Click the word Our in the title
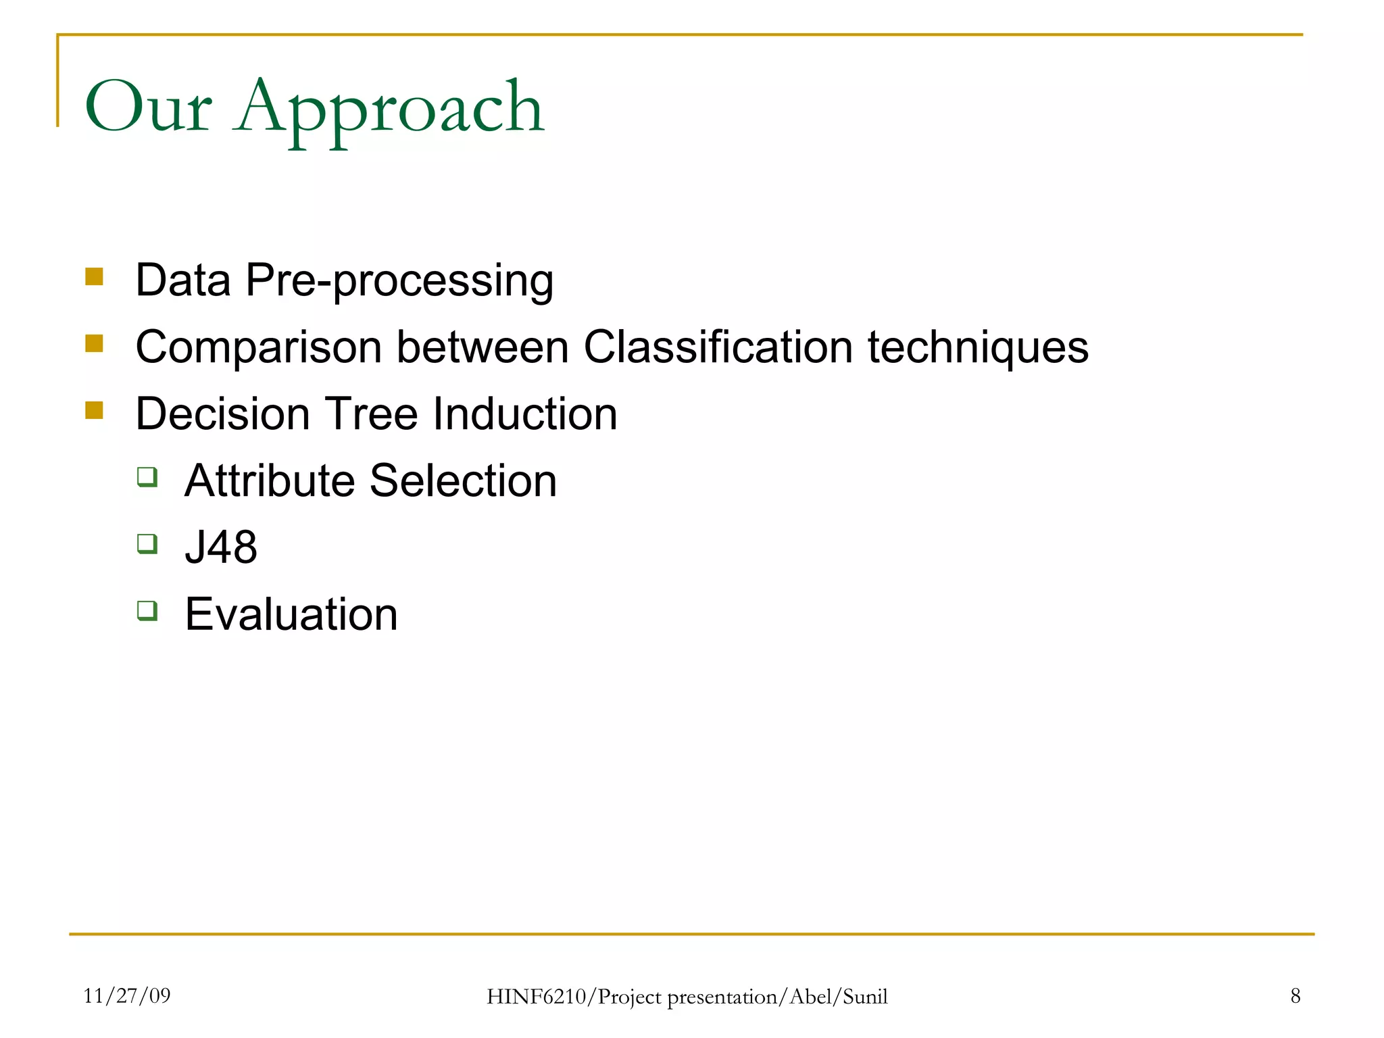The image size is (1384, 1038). [x=148, y=108]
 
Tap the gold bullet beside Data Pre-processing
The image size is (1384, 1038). [x=94, y=277]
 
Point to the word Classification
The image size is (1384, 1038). [x=718, y=347]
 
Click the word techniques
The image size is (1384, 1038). [x=978, y=347]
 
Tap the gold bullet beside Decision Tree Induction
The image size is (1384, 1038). [x=94, y=410]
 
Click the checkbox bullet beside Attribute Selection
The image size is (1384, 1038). [x=147, y=477]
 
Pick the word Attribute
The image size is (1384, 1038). [x=270, y=480]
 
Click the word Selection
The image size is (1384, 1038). [x=463, y=480]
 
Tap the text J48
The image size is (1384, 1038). [x=221, y=547]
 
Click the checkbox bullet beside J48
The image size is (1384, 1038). [x=147, y=543]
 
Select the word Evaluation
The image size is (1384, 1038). [x=291, y=614]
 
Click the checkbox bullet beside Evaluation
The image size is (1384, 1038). [x=147, y=611]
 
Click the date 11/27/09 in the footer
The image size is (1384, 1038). [x=127, y=995]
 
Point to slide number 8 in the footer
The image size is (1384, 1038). [x=1295, y=995]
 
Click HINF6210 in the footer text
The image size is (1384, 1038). [x=537, y=997]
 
